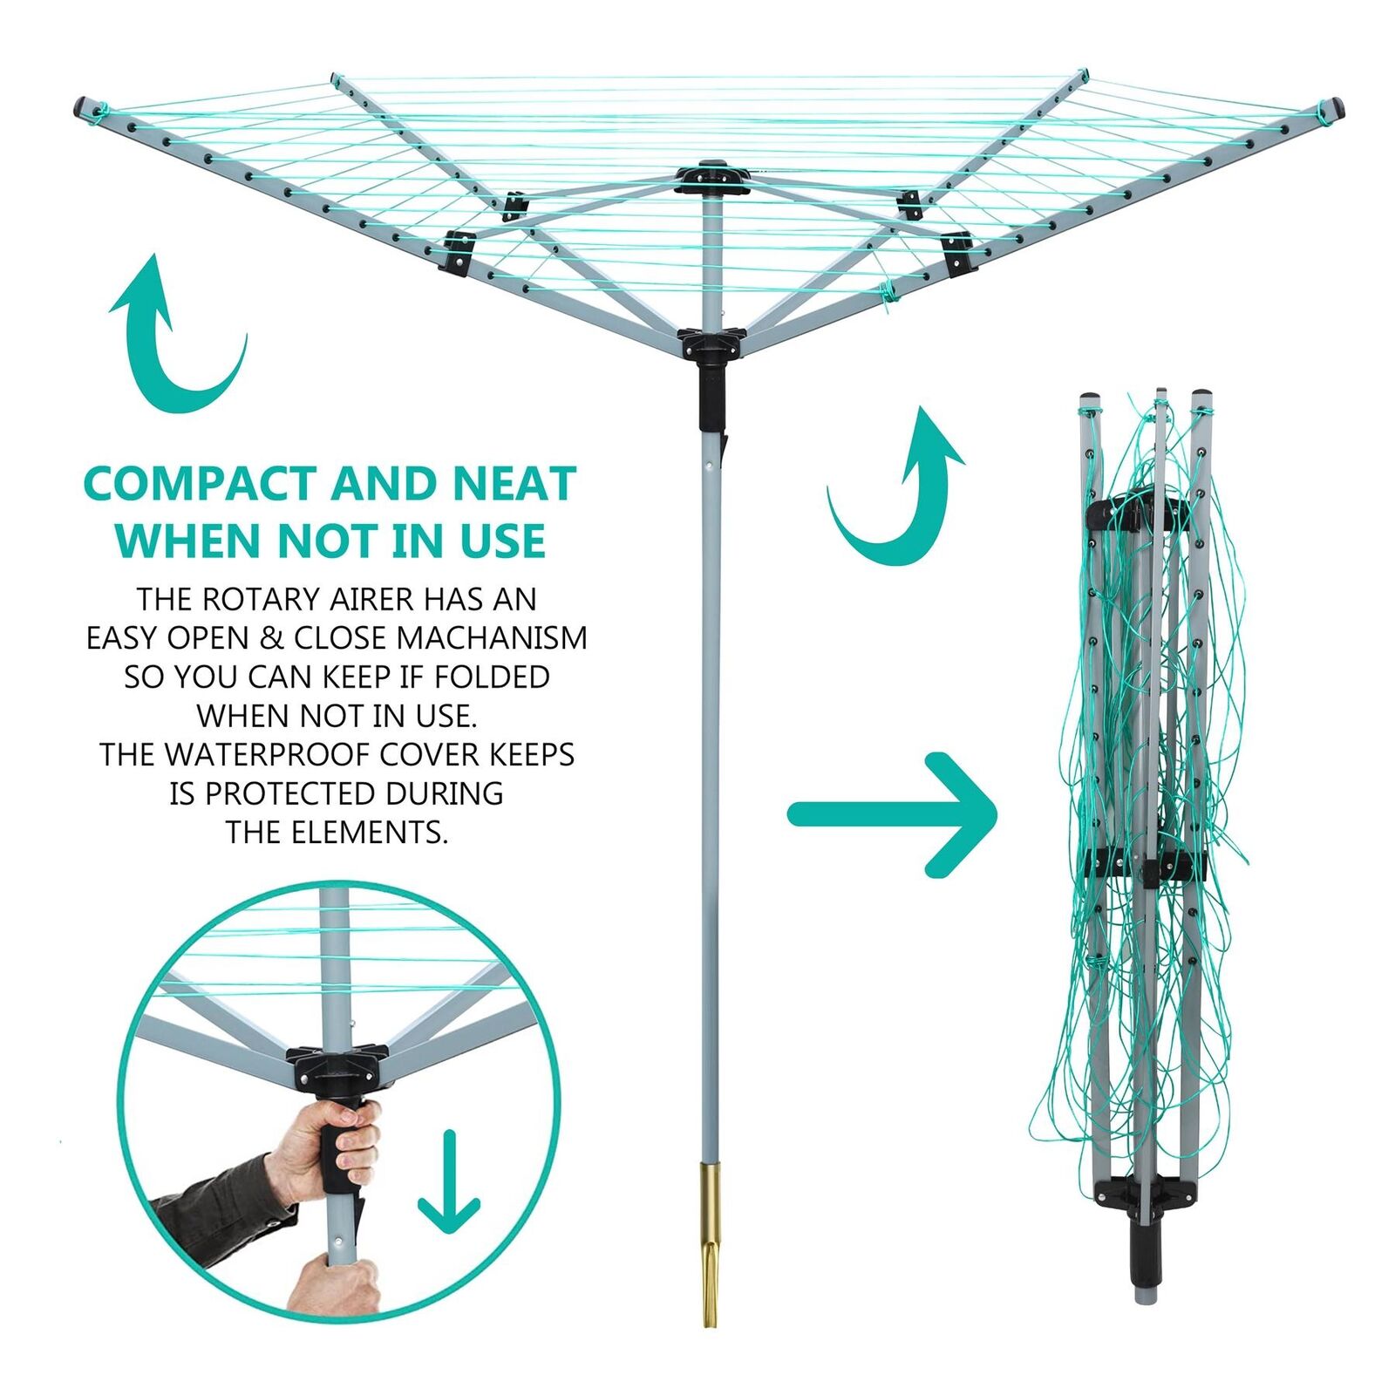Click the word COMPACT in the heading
click(x=200, y=484)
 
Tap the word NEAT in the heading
click(x=514, y=484)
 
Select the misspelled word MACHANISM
click(x=492, y=638)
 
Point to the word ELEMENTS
click(x=369, y=832)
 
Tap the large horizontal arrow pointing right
click(x=893, y=814)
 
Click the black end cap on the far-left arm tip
click(x=84, y=108)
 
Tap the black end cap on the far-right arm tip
click(x=1336, y=108)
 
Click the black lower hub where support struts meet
click(x=711, y=344)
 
